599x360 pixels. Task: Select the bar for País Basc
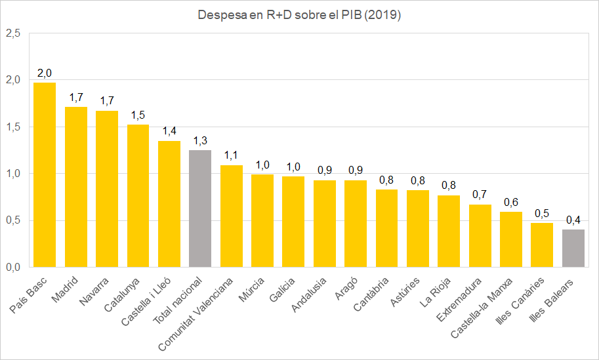(45, 175)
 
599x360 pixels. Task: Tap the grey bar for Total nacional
(200, 209)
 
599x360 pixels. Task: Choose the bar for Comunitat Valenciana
(231, 216)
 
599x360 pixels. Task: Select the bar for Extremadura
(480, 235)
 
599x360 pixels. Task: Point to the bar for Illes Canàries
(542, 245)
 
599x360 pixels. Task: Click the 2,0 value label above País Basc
(45, 72)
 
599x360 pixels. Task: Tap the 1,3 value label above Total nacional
(200, 140)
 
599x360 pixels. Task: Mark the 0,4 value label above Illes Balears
(573, 220)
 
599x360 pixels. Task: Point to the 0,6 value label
(510, 202)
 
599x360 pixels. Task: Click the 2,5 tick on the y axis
(13, 33)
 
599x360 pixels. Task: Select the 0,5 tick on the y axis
(13, 221)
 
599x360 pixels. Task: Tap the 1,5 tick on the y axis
(13, 127)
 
